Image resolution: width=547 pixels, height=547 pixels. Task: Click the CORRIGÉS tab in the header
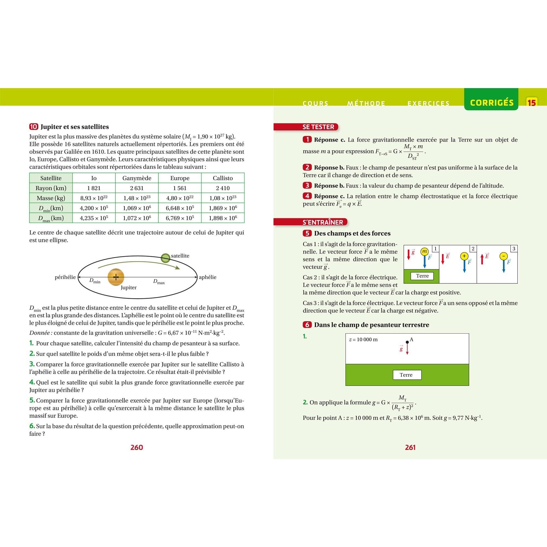(491, 103)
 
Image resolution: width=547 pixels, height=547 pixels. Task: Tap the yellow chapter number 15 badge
(531, 103)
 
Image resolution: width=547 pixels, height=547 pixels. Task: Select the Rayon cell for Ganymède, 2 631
(137, 188)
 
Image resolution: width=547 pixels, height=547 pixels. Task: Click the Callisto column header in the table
(223, 178)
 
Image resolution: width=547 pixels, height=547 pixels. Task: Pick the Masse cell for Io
(94, 198)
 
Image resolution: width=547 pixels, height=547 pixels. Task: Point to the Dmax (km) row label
(51, 218)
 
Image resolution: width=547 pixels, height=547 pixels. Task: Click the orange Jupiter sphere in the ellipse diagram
(116, 277)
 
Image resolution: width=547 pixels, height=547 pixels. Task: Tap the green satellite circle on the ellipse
(165, 258)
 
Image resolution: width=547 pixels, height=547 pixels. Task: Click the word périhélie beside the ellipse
(65, 277)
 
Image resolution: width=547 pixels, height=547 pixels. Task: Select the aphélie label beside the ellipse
(208, 277)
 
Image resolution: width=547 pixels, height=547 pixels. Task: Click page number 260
(137, 447)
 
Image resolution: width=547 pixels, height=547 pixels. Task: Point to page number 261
(410, 447)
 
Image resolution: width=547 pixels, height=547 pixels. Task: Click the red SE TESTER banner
(319, 127)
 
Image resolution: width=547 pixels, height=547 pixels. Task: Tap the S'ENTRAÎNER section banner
(323, 222)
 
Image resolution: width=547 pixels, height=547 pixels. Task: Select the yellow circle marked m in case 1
(424, 251)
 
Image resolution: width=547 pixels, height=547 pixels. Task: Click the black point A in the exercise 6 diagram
(407, 342)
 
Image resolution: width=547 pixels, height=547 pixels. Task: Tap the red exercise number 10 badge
(34, 127)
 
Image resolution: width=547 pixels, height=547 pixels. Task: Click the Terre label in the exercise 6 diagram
(407, 375)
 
